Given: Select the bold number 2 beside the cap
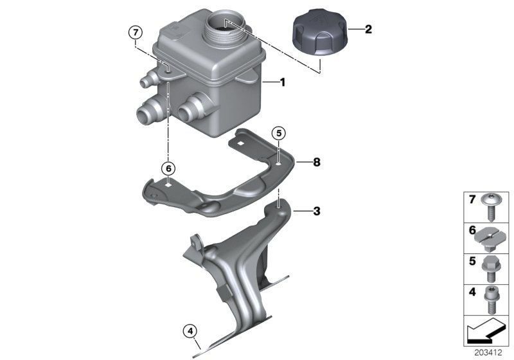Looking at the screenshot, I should click(368, 29).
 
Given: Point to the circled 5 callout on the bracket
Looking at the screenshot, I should click(278, 134).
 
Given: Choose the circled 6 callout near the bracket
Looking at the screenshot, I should click(168, 168).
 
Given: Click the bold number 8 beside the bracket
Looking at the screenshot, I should click(315, 162).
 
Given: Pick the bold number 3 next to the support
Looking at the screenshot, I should click(315, 210).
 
